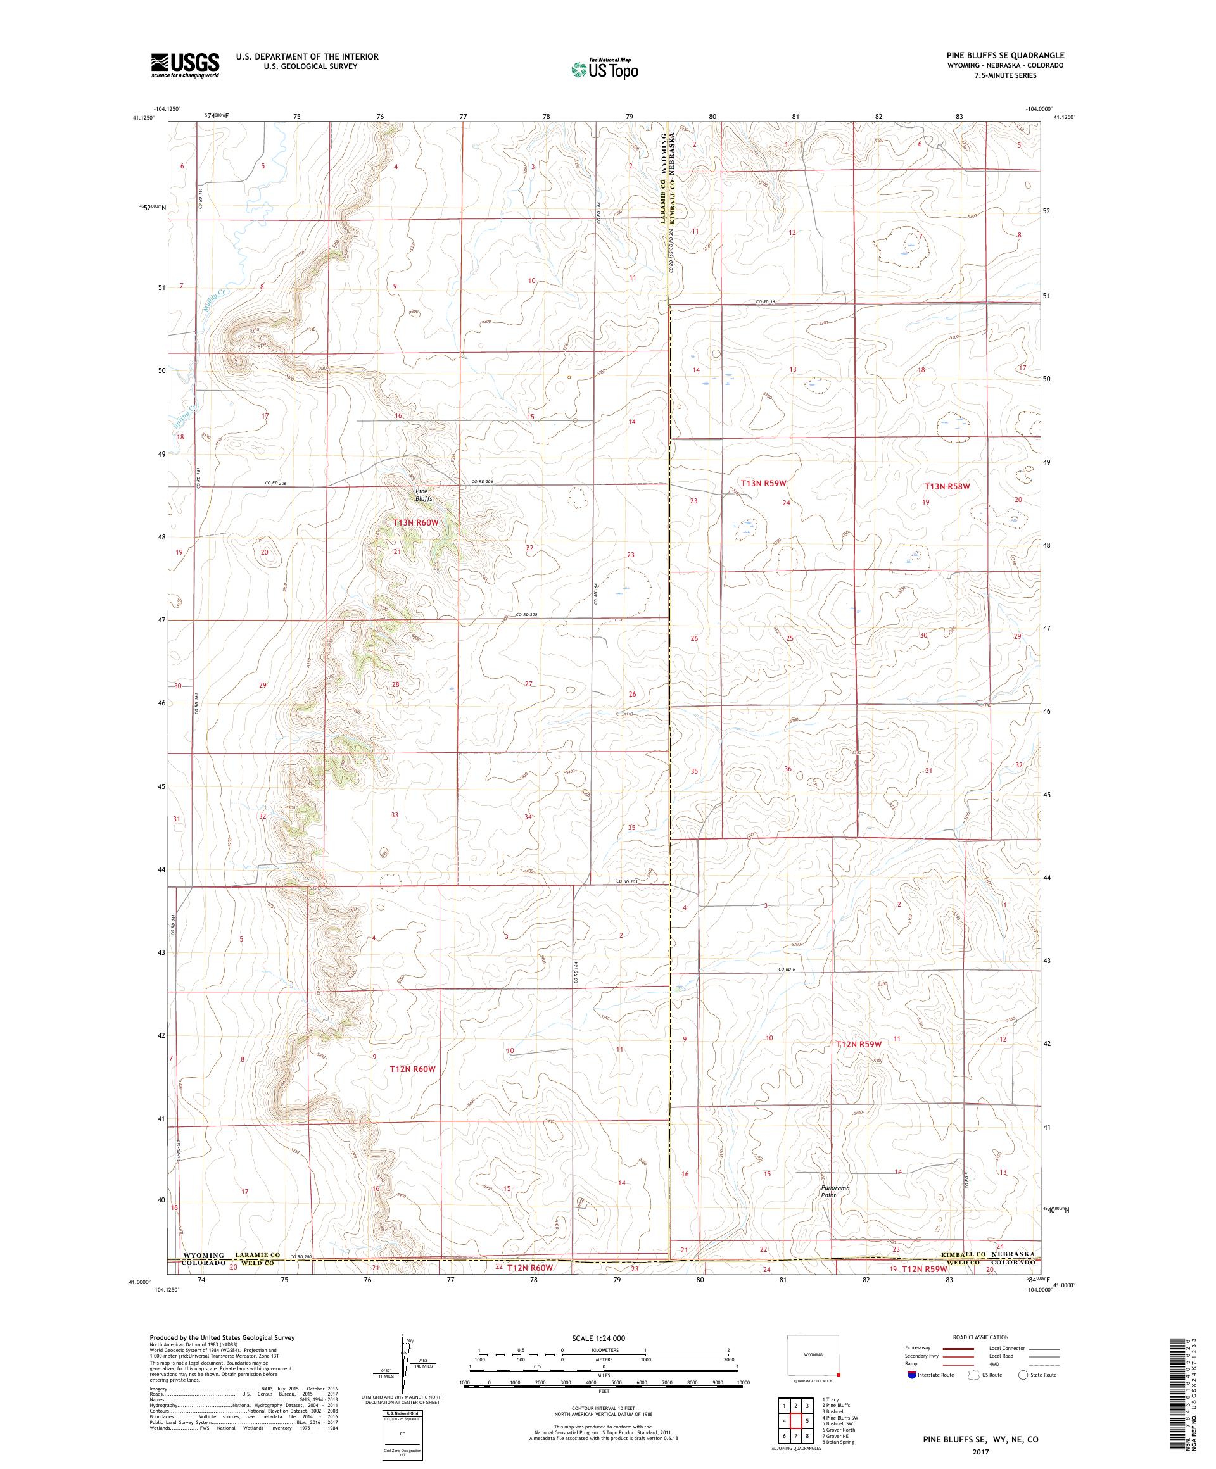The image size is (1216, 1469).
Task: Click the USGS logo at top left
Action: [x=185, y=65]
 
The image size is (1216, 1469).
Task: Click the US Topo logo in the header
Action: [x=604, y=68]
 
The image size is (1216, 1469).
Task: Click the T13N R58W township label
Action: [x=951, y=486]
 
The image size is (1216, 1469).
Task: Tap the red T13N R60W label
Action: [x=415, y=522]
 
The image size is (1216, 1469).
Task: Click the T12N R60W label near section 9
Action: [x=412, y=1069]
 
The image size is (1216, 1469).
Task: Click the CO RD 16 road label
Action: [x=766, y=302]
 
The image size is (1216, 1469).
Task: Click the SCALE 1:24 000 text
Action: [x=604, y=1357]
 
